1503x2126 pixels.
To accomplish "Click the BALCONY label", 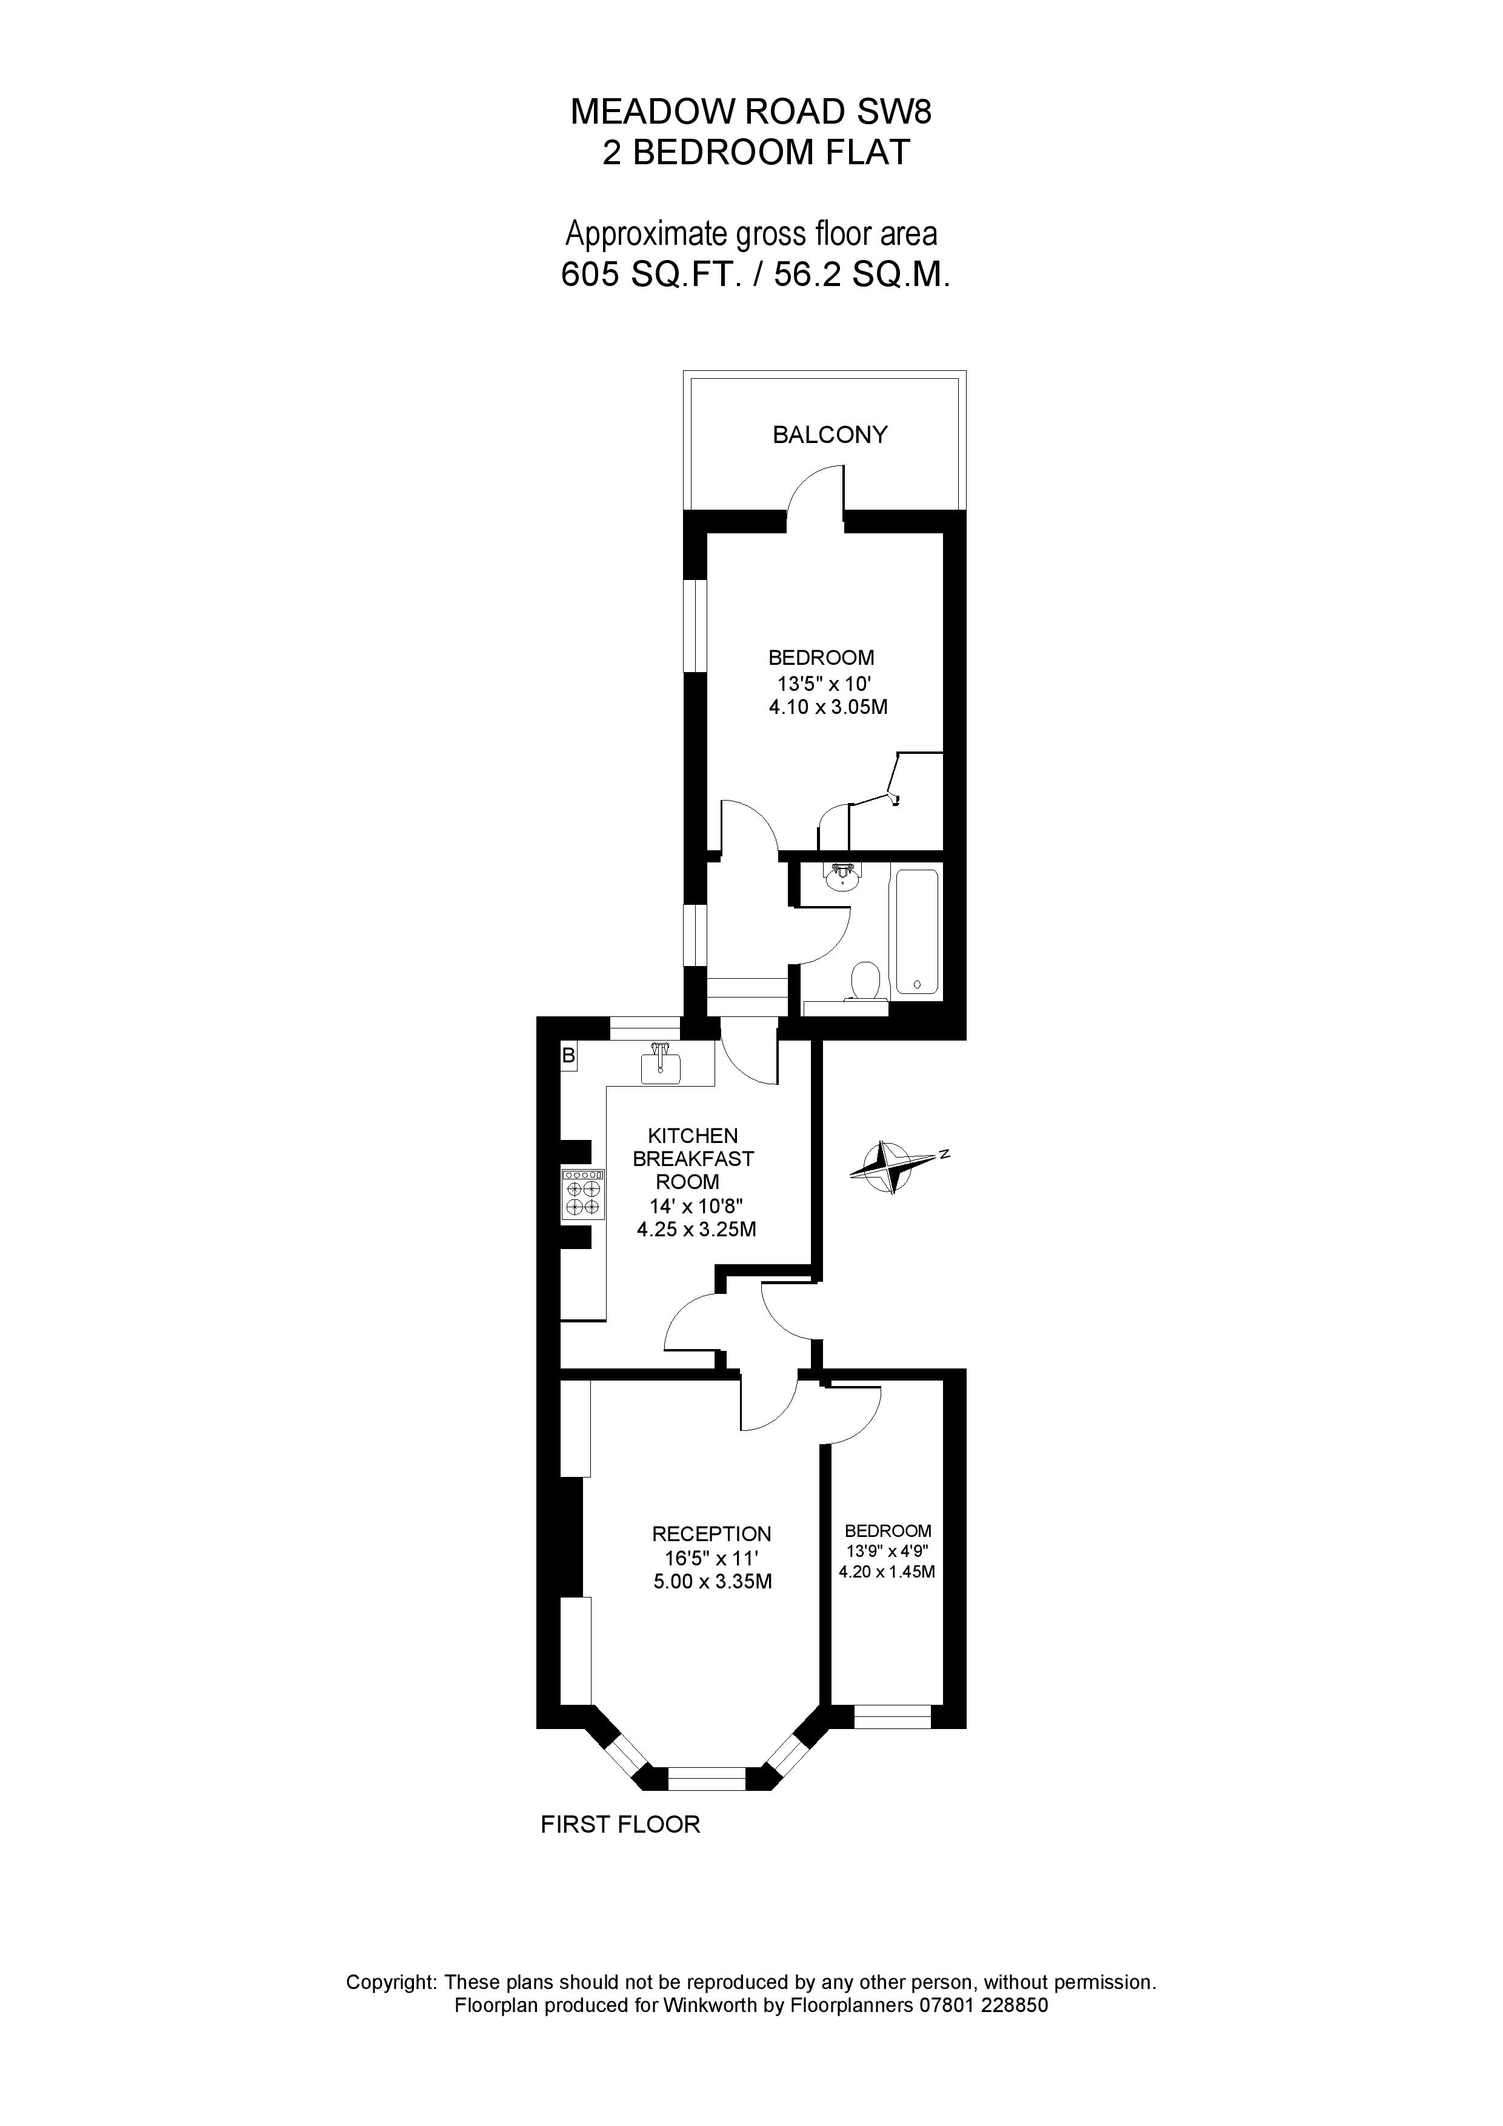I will pyautogui.click(x=830, y=435).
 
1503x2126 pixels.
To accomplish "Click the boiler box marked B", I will pyautogui.click(x=568, y=1056).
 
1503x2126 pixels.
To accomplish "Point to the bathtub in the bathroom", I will pyautogui.click(x=916, y=931).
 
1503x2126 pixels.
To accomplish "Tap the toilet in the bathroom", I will pyautogui.click(x=866, y=979).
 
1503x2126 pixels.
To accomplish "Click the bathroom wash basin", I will pyautogui.click(x=842, y=874).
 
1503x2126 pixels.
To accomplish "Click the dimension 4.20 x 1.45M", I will pyautogui.click(x=886, y=1571).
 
